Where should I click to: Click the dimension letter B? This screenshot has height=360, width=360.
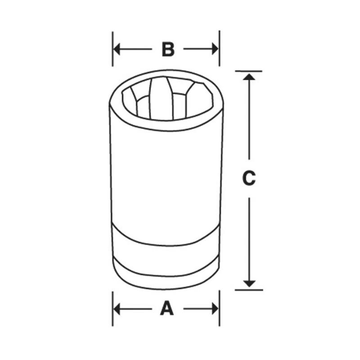[168, 49]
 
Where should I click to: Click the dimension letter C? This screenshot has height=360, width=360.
[249, 178]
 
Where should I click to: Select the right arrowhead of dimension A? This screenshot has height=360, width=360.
[214, 309]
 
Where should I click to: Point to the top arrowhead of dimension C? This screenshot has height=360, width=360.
[249, 77]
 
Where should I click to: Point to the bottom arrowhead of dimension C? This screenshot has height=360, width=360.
[249, 283]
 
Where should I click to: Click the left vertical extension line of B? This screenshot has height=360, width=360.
[112, 40]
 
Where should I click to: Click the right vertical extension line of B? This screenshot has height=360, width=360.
[220, 40]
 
